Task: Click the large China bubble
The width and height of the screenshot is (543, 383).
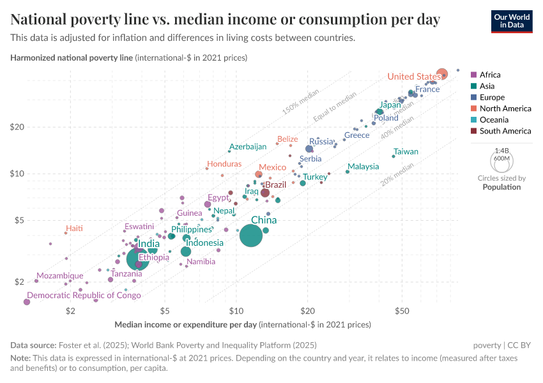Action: [251, 236]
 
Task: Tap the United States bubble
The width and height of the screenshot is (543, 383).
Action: [441, 73]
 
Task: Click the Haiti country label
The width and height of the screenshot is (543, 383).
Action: [74, 229]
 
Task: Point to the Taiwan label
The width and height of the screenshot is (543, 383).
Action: [406, 152]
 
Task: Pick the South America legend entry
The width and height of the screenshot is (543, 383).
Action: [505, 131]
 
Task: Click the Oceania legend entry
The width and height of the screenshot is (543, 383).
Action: [494, 119]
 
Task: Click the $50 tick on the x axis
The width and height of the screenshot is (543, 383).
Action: [402, 311]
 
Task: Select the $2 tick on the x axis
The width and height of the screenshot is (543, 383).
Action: [70, 311]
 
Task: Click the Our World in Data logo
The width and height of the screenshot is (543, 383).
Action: [512, 20]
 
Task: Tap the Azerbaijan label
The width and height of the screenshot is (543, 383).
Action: [248, 147]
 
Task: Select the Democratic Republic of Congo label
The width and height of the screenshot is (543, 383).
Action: [84, 296]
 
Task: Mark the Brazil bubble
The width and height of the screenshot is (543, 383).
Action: [265, 193]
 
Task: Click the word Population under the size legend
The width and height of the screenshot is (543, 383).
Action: [501, 187]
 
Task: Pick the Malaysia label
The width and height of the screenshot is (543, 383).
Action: [363, 167]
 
